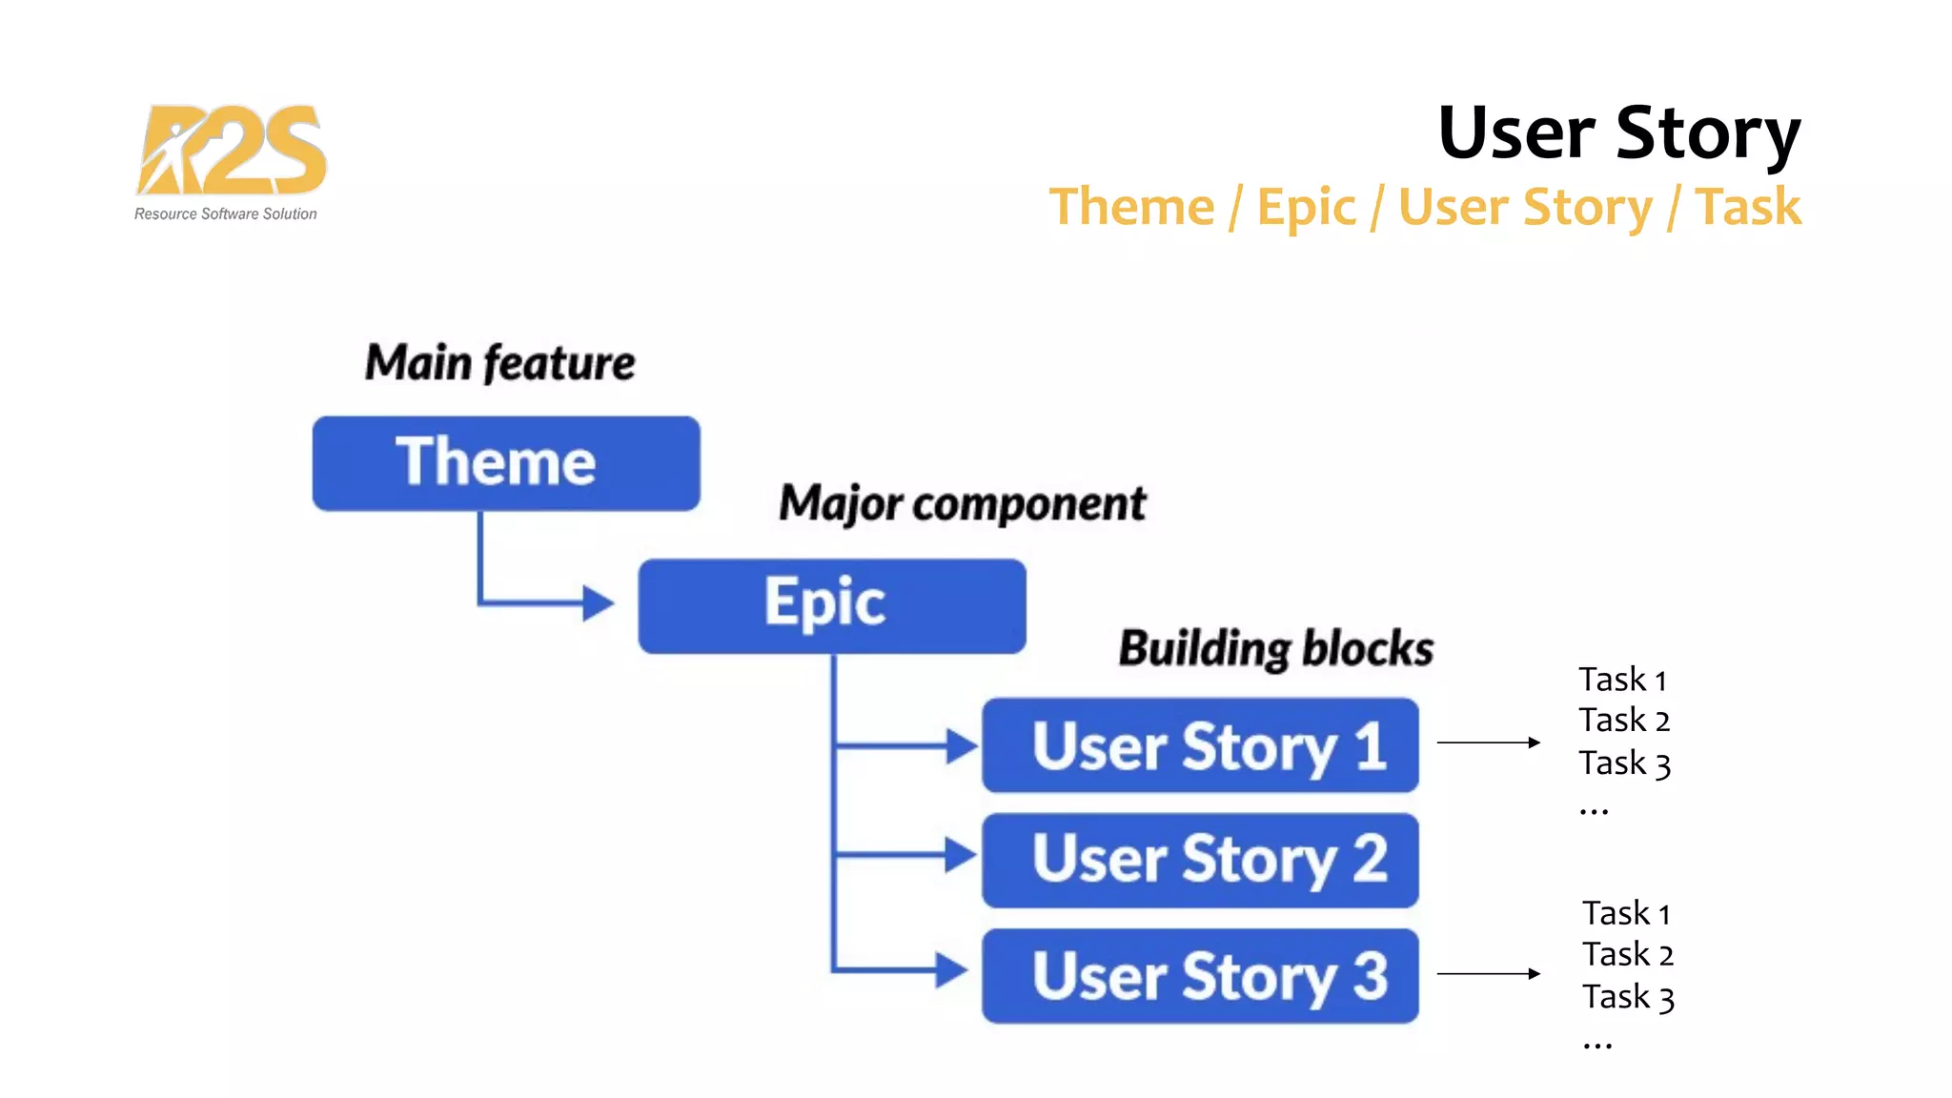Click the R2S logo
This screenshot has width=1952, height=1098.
[231, 151]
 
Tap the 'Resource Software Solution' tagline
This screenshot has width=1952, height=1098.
[226, 214]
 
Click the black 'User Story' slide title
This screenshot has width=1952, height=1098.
[1618, 133]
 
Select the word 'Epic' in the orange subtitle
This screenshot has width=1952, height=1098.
[1306, 208]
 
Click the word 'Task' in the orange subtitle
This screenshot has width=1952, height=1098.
[1748, 207]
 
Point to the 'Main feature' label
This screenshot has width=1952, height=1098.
[499, 363]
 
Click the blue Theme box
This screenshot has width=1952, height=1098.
[506, 463]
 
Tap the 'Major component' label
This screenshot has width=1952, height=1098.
[962, 503]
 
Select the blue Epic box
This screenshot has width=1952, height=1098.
[831, 605]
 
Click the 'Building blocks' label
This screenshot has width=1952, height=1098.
[1275, 649]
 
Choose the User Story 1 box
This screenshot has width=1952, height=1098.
[1200, 745]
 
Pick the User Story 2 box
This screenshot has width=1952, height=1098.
[1200, 860]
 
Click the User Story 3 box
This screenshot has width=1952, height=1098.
[1200, 976]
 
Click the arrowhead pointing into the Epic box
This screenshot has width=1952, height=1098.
[598, 602]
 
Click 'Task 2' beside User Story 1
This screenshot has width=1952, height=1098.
[1624, 721]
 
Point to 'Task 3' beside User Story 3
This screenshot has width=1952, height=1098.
[1628, 997]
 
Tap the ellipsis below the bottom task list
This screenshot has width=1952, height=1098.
[1597, 1047]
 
